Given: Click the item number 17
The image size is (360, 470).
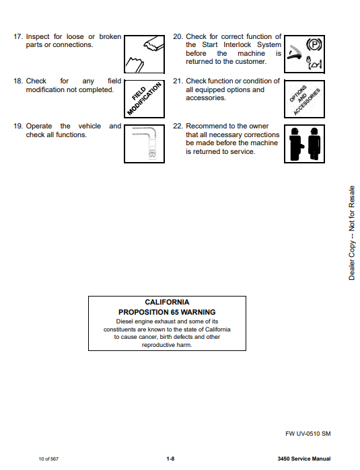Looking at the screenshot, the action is [18, 36].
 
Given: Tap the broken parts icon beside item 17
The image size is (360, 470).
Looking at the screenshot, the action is [144, 54].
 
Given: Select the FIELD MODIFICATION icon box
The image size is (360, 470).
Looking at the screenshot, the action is [144, 99].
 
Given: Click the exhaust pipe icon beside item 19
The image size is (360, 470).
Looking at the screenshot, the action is [144, 144].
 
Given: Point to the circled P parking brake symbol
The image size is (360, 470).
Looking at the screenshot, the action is [314, 45].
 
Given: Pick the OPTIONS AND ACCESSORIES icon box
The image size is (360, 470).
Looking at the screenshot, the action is [305, 99].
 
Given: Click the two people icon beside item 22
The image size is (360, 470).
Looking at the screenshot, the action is [305, 144].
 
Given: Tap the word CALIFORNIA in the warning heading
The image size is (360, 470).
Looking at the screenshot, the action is [167, 302].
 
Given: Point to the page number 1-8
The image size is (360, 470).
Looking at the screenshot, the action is [170, 459].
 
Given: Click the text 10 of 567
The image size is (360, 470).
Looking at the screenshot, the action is [48, 459].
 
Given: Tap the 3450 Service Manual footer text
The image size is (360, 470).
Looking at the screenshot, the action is [304, 459].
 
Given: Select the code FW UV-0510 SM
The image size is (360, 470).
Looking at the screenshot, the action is [308, 434].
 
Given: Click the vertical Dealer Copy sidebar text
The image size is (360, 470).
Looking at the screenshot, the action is [352, 233].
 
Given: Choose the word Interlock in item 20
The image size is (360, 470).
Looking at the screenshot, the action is [238, 44].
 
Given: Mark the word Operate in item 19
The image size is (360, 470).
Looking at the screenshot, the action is [39, 126].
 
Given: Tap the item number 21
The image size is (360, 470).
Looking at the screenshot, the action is [178, 81].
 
